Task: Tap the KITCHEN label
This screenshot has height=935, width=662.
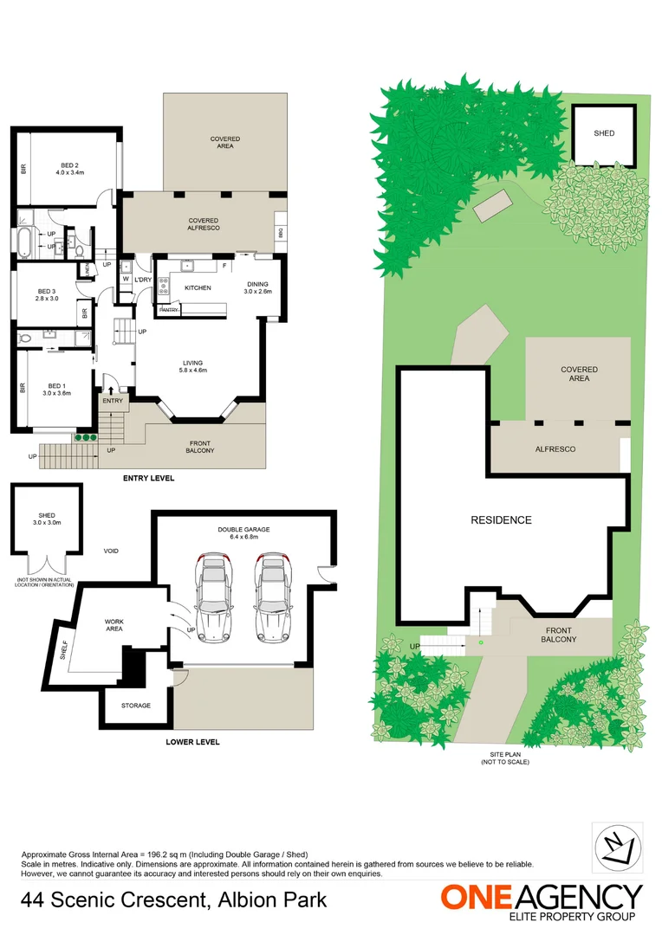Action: pos(198,287)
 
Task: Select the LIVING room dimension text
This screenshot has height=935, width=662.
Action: pos(193,371)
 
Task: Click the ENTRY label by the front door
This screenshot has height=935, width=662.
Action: pos(113,401)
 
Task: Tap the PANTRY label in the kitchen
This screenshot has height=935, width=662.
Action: pos(169,310)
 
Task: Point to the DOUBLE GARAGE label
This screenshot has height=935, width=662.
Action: pos(243,531)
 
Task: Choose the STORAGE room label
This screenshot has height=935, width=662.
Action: pos(135,706)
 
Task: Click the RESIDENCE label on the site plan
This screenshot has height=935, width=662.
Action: pos(501,520)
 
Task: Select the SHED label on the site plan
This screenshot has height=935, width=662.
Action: pos(604,133)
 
